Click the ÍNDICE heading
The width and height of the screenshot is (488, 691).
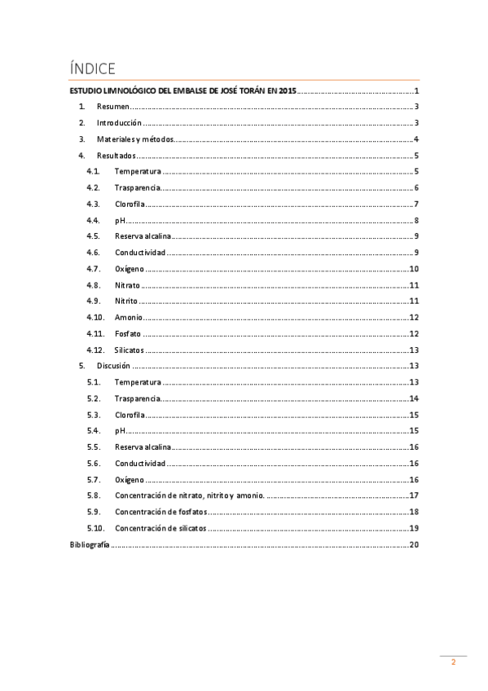93,68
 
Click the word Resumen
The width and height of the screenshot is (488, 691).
113,107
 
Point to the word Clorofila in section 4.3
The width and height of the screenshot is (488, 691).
130,205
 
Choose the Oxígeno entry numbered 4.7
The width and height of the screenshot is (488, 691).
130,269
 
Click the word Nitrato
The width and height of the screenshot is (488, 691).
127,285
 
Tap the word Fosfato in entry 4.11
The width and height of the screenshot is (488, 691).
129,334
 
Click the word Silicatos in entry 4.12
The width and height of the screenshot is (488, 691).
130,350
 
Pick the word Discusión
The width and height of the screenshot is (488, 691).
113,366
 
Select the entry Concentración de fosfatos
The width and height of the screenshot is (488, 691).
160,512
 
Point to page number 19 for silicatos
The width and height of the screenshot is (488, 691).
414,528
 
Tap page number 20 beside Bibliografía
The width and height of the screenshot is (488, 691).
414,544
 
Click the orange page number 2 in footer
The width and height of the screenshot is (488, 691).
454,663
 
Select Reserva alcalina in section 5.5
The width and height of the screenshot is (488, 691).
143,447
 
